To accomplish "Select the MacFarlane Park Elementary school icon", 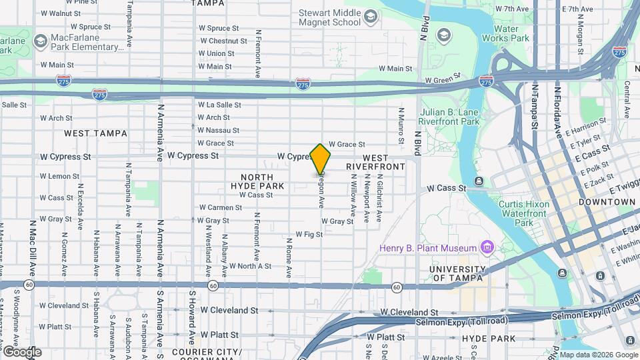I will [41, 42].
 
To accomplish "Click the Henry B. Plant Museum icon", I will [487, 248].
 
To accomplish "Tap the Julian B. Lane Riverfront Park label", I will [449, 117].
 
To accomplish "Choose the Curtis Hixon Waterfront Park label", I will [525, 213].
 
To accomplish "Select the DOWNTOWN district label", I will [607, 201].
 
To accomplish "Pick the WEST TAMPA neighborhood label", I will [95, 133].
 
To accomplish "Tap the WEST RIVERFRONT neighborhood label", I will [376, 162].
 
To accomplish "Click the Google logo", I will [21, 352].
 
